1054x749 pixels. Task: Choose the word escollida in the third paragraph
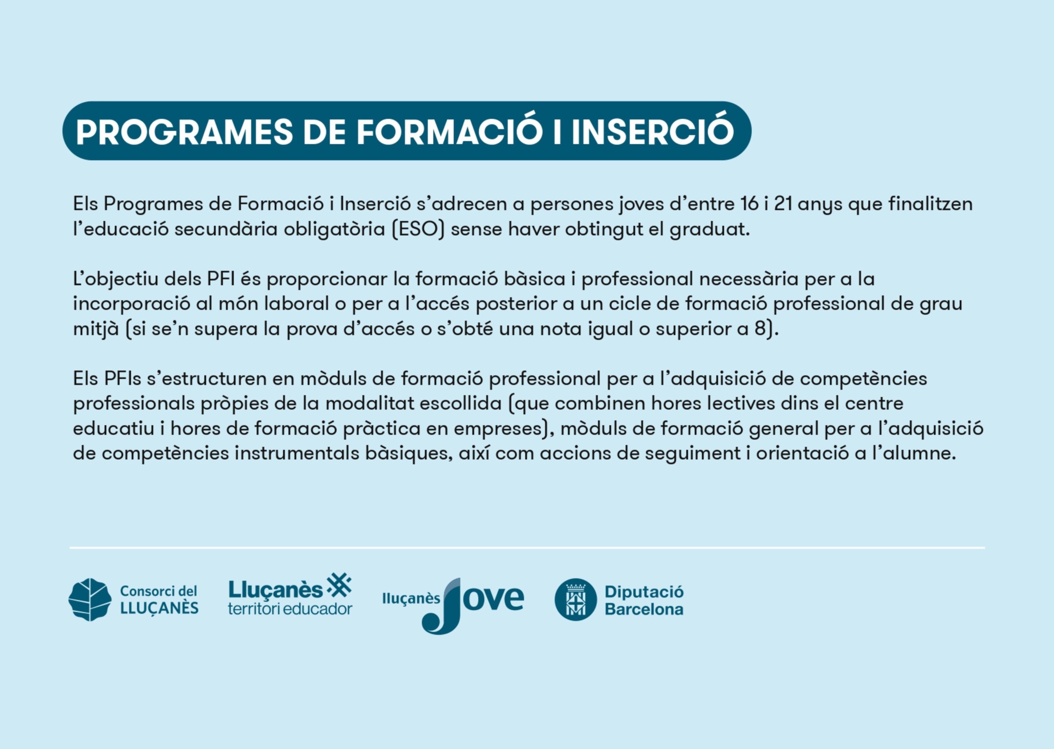[460, 403]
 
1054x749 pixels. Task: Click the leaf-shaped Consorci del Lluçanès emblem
[90, 600]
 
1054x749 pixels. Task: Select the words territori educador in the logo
[290, 609]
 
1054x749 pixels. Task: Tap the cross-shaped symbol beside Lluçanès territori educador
[339, 586]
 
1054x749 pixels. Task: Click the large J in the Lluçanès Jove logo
[442, 605]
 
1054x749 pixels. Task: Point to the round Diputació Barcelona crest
[576, 600]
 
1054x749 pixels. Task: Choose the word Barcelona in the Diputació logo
[644, 609]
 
